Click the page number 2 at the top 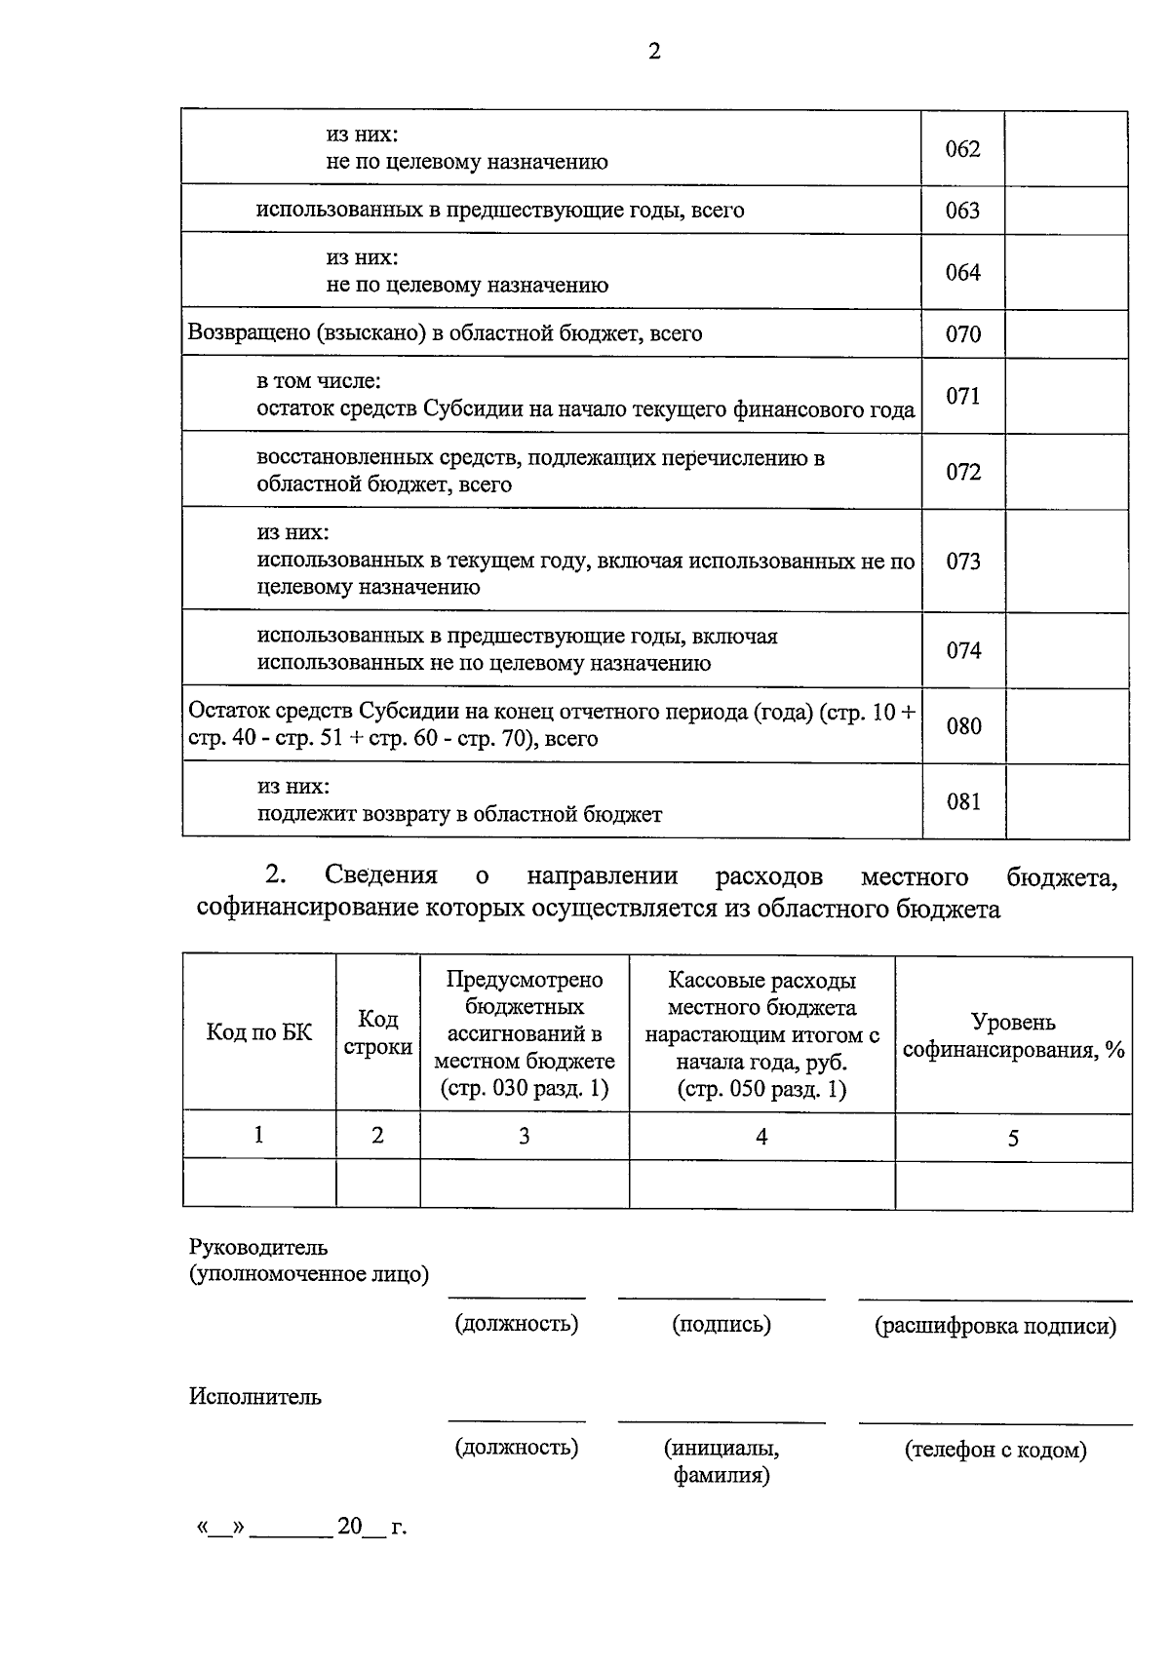(x=654, y=52)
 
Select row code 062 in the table (x=962, y=149)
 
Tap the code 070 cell (x=962, y=334)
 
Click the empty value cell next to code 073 (x=1067, y=562)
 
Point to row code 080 (x=963, y=726)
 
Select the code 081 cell (x=963, y=801)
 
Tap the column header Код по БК (x=259, y=1033)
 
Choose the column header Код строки (x=377, y=1033)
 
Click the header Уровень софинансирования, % (x=1013, y=1035)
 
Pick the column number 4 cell (x=761, y=1136)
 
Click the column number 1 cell (x=258, y=1135)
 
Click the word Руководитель (x=258, y=1247)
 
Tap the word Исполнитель (x=254, y=1397)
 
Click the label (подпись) (x=721, y=1324)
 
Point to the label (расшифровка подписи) (x=994, y=1326)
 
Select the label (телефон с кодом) (x=994, y=1450)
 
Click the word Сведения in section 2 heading (x=381, y=875)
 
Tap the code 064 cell (x=962, y=272)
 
